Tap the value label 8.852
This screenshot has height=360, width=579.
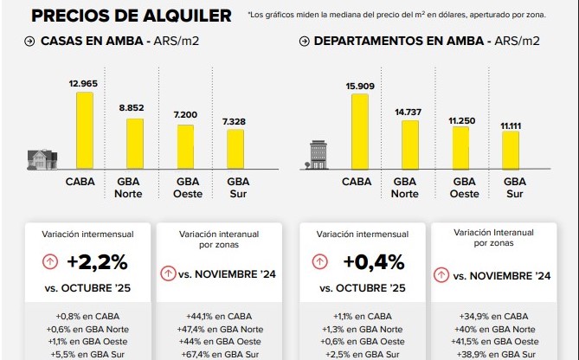coord(130,106)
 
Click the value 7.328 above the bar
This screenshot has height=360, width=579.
coord(235,117)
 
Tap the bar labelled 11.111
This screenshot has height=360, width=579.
coord(511,150)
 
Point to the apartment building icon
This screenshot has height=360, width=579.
coord(318,155)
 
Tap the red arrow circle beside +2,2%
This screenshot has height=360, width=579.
coord(51,261)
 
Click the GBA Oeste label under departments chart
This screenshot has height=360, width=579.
coord(465,188)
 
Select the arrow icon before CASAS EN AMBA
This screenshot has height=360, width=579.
coord(30,42)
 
